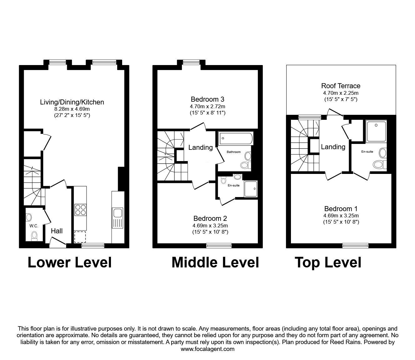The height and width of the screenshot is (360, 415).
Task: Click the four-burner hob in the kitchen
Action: tap(81, 210)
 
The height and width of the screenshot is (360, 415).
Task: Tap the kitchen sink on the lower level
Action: tap(117, 218)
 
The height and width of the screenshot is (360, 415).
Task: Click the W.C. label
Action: tap(34, 226)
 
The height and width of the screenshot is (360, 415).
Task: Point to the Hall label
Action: tap(57, 231)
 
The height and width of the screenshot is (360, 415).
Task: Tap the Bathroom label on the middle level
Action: tap(233, 152)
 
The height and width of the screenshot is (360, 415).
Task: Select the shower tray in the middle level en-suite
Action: tap(251, 189)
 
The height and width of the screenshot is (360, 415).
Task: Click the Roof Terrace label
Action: tap(341, 86)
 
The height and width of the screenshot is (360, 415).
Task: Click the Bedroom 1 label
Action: tap(341, 209)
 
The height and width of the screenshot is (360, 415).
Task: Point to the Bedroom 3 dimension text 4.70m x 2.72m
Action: tap(207, 106)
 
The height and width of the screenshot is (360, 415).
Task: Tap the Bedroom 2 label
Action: tap(210, 218)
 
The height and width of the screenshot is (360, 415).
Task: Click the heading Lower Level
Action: tap(70, 262)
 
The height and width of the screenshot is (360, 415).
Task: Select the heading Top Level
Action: tap(328, 263)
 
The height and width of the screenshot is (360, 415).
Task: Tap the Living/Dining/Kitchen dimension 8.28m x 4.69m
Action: tap(72, 109)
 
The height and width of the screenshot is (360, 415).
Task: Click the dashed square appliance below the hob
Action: tap(80, 237)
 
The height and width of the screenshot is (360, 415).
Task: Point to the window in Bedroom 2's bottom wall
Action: tap(219, 245)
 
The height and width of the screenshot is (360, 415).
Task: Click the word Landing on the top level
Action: tap(333, 147)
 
